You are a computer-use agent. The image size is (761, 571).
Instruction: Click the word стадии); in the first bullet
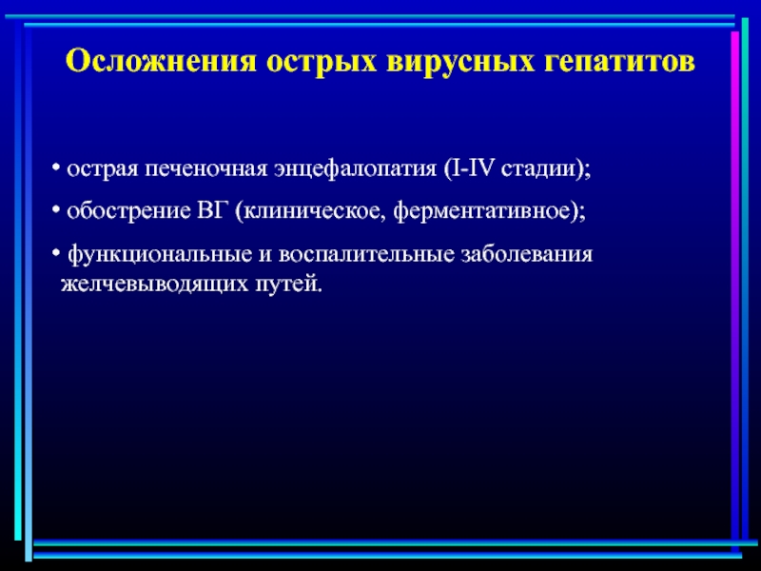tap(548, 169)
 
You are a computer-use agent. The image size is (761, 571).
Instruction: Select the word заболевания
tap(522, 256)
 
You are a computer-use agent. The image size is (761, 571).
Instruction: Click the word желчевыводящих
tap(153, 284)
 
